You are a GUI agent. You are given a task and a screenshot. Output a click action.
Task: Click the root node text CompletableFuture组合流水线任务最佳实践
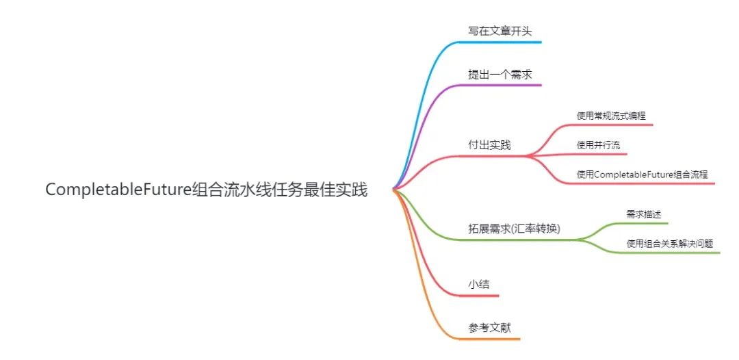click(206, 190)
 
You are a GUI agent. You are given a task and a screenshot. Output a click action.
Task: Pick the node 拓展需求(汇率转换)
click(514, 229)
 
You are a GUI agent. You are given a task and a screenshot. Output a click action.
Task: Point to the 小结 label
click(479, 284)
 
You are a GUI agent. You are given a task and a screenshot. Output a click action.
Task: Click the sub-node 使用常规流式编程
click(611, 116)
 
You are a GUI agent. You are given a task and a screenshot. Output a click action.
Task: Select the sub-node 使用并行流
click(598, 144)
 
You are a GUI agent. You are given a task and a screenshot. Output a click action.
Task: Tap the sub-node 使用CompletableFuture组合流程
click(645, 174)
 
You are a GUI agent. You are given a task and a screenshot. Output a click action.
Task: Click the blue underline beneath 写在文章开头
click(506, 42)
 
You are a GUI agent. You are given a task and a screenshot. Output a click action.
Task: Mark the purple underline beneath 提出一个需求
click(506, 85)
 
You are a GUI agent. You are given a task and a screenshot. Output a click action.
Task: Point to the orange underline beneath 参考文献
click(493, 339)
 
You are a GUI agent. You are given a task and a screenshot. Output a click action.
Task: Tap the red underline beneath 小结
click(482, 296)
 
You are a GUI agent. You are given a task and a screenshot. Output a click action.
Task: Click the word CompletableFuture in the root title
click(118, 190)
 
